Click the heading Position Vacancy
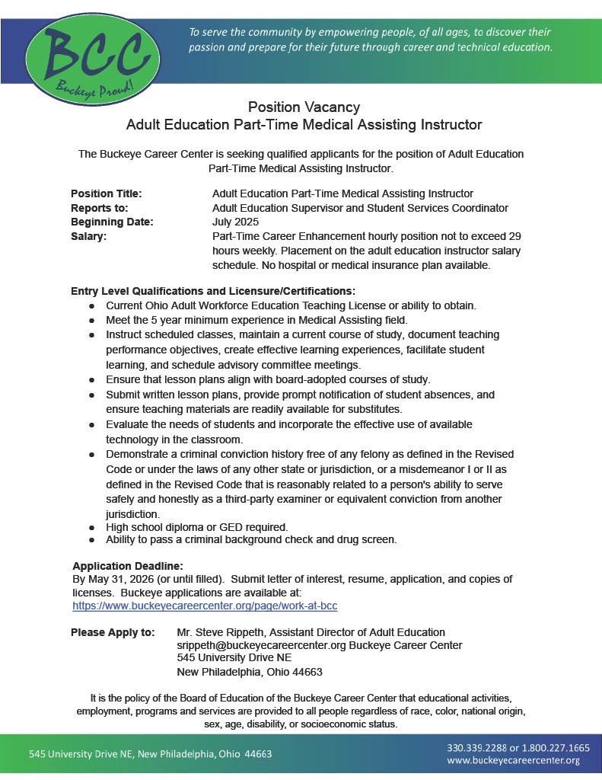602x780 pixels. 304,107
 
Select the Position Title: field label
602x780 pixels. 106,193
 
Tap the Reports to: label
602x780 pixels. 99,208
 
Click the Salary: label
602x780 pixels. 88,236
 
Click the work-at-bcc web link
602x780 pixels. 205,606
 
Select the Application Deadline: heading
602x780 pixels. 128,566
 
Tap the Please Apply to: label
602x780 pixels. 113,632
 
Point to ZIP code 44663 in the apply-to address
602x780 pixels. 307,672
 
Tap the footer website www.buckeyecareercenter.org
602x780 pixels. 514,760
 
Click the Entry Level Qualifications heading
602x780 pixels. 213,291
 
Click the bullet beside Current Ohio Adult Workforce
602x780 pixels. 91,305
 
